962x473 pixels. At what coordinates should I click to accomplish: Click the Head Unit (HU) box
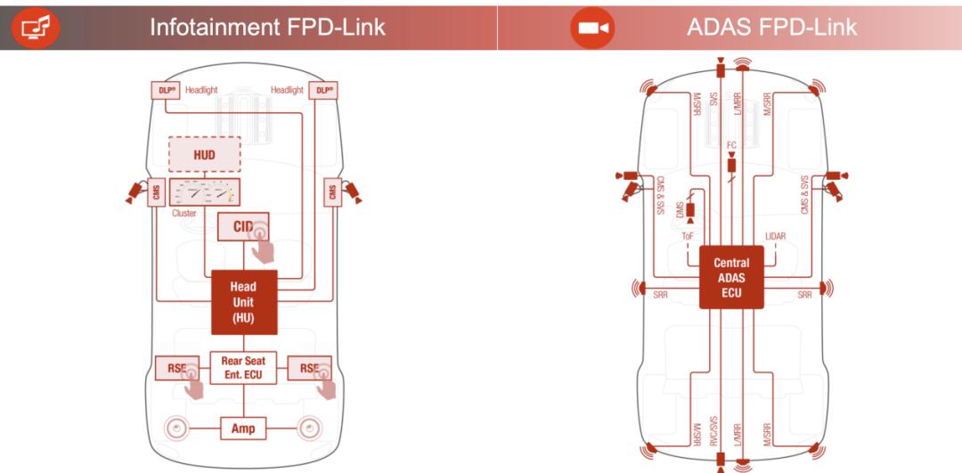(243, 301)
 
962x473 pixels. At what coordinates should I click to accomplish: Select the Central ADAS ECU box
(731, 277)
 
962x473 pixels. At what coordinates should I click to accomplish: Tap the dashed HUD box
(205, 155)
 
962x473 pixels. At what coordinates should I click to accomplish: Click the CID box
(242, 226)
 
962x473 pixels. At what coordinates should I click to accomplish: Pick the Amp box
(243, 428)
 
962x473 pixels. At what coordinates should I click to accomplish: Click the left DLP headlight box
(165, 90)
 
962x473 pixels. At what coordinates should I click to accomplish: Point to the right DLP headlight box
(322, 90)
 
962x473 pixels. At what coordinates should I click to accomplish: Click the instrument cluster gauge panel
(204, 192)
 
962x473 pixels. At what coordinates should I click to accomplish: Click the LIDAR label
(775, 236)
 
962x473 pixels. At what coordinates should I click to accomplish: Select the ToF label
(688, 236)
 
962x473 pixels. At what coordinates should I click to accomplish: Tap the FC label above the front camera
(731, 144)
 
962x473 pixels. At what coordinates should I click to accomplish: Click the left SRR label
(660, 295)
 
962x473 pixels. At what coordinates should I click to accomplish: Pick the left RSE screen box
(176, 368)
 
